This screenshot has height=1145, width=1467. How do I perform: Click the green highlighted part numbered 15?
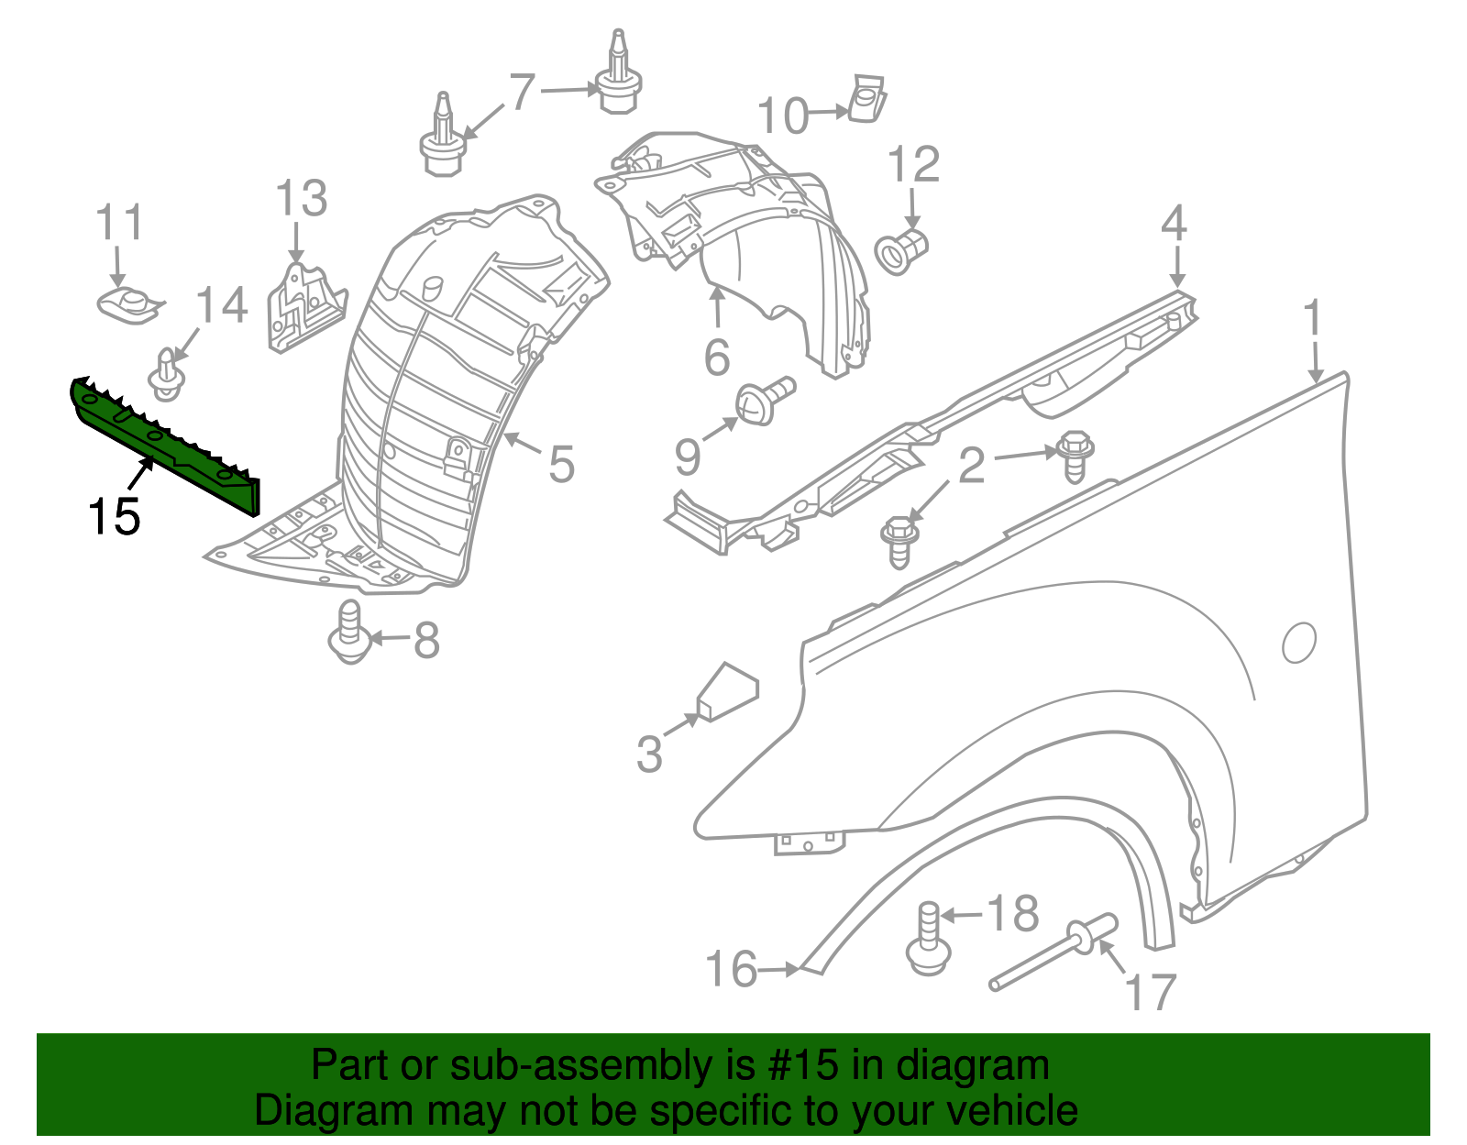point(165,440)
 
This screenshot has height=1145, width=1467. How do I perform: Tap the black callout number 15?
point(114,516)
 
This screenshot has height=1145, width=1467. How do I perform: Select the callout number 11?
point(120,223)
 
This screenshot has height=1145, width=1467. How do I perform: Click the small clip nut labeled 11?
point(128,303)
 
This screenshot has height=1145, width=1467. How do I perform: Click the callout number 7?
point(521,92)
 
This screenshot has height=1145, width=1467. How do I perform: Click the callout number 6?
point(717,357)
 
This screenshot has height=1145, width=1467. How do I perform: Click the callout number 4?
point(1175,225)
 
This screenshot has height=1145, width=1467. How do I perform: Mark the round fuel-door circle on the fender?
point(1299,642)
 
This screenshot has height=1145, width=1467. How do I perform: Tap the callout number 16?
point(732,969)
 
